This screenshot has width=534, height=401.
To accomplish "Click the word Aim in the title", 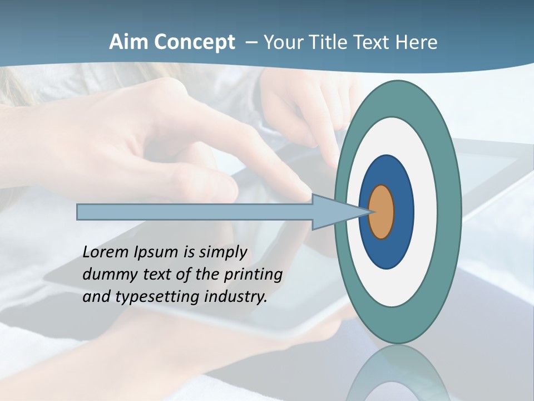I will coord(127,42).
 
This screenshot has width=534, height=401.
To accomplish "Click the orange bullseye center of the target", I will coord(382,212).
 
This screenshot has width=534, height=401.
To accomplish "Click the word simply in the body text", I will coord(222,253).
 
